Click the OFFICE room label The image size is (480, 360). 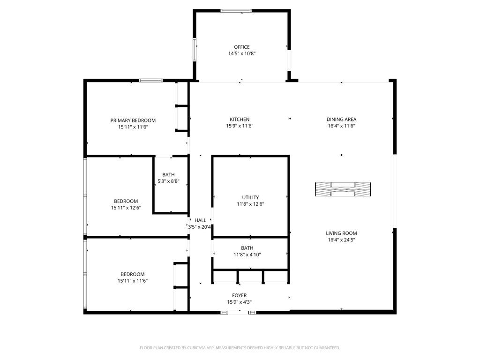(x=242, y=47)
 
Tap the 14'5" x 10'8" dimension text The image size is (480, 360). (x=242, y=53)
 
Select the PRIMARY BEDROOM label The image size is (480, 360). (x=133, y=120)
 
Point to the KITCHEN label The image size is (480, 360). (x=240, y=120)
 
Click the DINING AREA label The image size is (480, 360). (x=341, y=120)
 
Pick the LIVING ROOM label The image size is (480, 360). (x=341, y=233)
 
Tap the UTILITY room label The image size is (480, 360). (x=250, y=198)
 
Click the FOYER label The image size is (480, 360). (x=240, y=296)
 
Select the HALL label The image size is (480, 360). (x=201, y=220)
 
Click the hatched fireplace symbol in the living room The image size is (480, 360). (x=343, y=189)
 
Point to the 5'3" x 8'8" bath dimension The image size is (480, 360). (x=168, y=181)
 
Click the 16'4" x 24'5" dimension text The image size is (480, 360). (x=341, y=240)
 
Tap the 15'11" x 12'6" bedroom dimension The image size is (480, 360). (x=126, y=208)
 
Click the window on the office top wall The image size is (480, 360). (x=236, y=11)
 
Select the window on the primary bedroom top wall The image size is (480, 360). (x=151, y=81)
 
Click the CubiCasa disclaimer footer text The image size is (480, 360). (x=240, y=348)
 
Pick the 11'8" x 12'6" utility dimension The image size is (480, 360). (x=250, y=204)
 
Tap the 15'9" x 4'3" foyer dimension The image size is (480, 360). (x=240, y=302)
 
